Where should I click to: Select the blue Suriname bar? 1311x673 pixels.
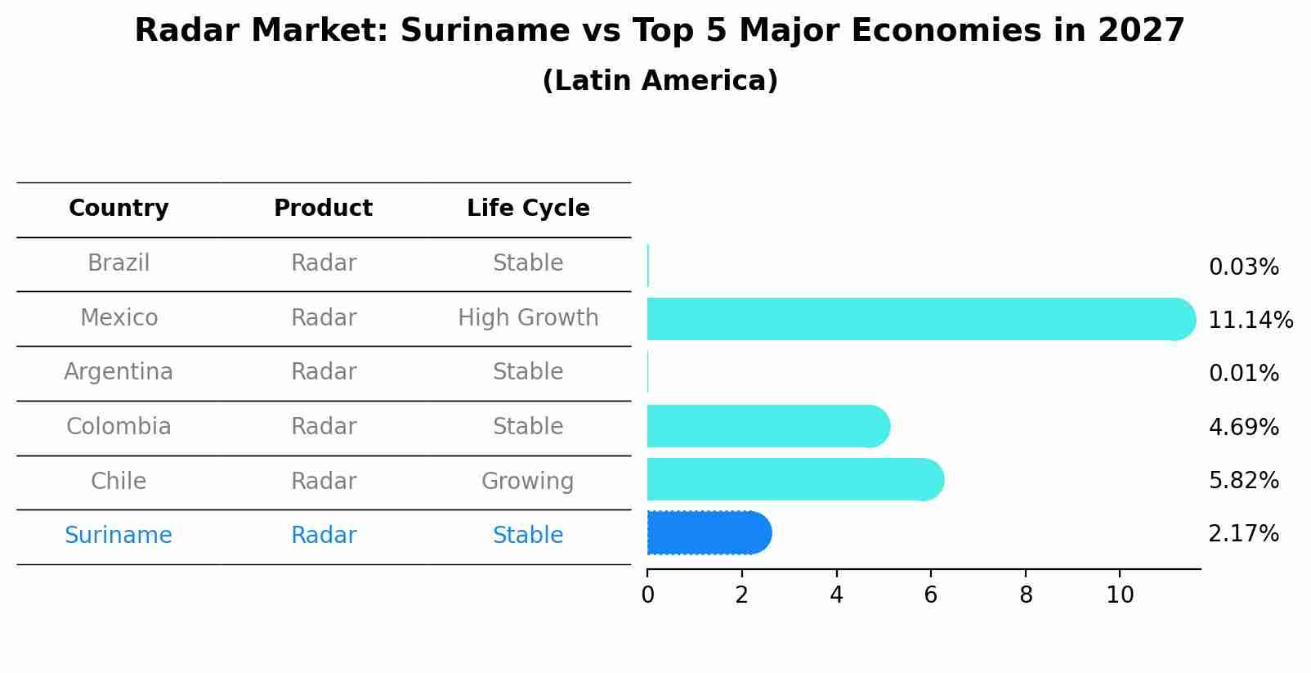(x=708, y=533)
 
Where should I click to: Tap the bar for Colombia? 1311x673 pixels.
(x=767, y=426)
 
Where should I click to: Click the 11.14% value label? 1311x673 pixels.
(x=1250, y=321)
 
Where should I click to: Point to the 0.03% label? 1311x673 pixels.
(x=1243, y=267)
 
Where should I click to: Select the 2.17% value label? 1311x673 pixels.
(x=1243, y=534)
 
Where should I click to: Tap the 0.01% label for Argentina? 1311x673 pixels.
(x=1243, y=374)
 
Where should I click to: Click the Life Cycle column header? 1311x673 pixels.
(x=528, y=209)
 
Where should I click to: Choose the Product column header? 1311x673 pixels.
(x=323, y=209)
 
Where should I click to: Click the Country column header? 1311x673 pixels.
(x=119, y=209)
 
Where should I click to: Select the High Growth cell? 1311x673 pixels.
(x=528, y=317)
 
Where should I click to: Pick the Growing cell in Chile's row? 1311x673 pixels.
(x=528, y=481)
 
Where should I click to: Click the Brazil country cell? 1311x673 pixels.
(x=119, y=263)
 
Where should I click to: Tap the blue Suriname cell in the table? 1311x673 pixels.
(x=119, y=536)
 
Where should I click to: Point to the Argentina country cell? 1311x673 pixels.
(x=119, y=372)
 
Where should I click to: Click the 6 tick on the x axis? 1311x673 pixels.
(x=930, y=595)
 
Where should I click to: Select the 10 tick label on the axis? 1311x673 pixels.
(x=1120, y=595)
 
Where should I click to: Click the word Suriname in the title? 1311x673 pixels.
(x=477, y=31)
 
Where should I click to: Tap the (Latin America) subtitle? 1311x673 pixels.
(x=660, y=81)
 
